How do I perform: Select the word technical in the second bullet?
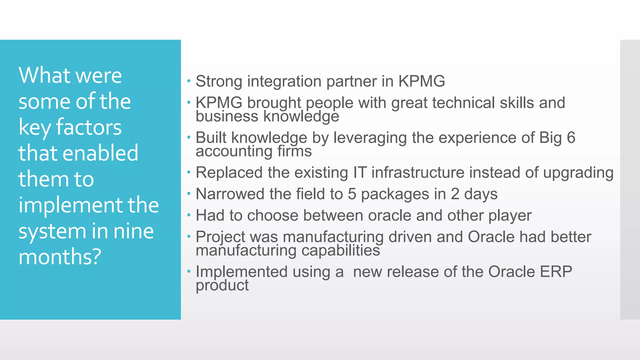[463, 103]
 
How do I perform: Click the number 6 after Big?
[571, 137]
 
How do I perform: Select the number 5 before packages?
[352, 194]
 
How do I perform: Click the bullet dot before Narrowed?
[189, 193]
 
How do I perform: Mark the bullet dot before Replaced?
[189, 172]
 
